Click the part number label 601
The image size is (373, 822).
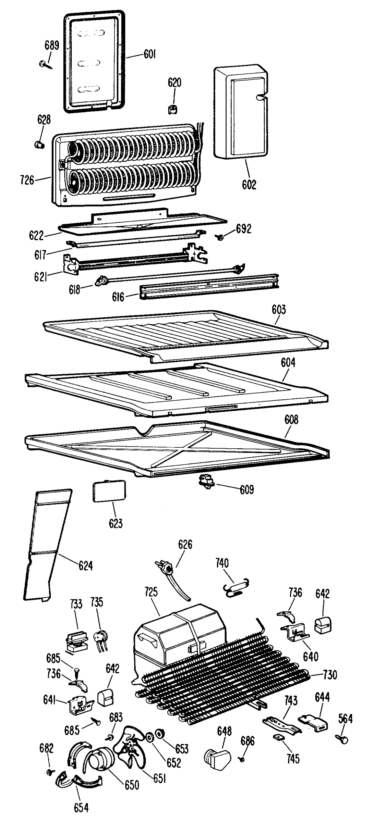149,54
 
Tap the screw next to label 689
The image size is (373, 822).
46,64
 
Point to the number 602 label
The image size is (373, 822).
249,185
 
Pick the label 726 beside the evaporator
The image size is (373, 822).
27,180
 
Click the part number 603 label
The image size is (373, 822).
279,310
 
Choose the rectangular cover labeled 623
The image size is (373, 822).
109,491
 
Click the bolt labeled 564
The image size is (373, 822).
342,738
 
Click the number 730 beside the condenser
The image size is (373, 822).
330,675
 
